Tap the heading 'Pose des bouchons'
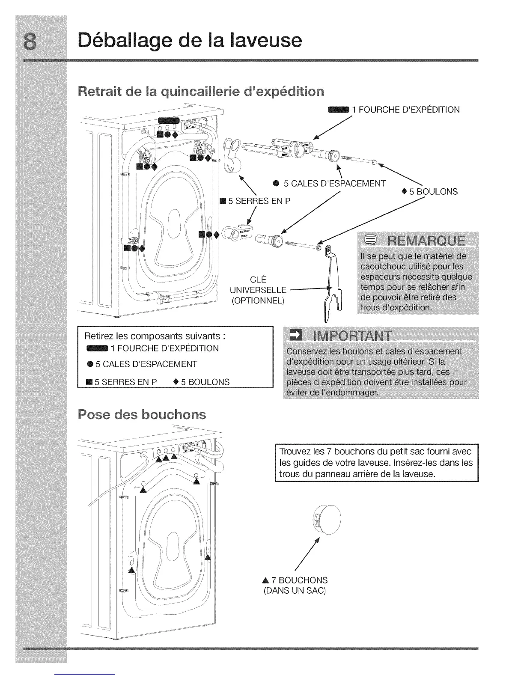142,414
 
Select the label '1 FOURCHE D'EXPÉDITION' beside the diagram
405,110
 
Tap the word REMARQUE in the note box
425,241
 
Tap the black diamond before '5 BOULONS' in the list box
176,382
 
